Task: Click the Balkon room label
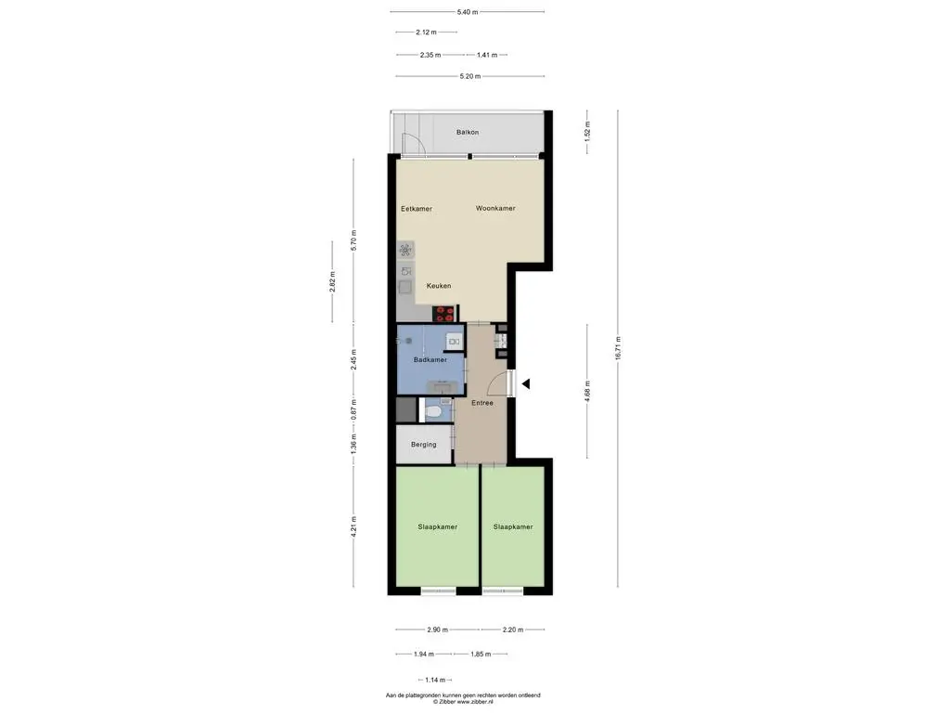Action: (468, 132)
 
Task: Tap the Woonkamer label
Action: (495, 208)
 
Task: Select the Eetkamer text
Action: (417, 209)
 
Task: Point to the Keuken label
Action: (439, 286)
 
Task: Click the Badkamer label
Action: (430, 359)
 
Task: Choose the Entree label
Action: (482, 403)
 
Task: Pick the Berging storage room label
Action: (423, 445)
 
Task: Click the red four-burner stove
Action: (444, 314)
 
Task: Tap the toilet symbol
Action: (432, 412)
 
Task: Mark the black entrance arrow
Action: (526, 383)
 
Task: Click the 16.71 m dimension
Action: (618, 349)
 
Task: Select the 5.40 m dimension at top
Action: (468, 11)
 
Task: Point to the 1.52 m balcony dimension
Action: (586, 132)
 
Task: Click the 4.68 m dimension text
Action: (586, 391)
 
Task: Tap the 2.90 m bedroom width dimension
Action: (438, 629)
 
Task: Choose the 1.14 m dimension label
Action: (434, 680)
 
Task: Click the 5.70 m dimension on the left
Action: (353, 240)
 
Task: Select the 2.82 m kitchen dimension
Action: (332, 282)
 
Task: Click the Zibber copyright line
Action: (463, 702)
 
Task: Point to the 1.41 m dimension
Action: (486, 55)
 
